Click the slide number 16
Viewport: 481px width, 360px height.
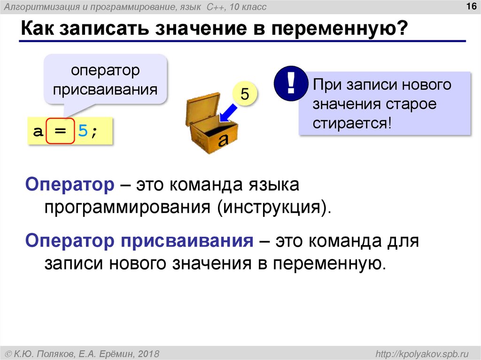pos(470,6)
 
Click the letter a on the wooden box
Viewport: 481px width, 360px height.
pos(223,139)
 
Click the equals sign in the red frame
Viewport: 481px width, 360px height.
pos(60,130)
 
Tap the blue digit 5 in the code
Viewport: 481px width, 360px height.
pos(83,130)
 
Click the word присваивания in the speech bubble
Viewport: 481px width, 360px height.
pos(105,89)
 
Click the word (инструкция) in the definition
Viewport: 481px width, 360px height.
pos(271,207)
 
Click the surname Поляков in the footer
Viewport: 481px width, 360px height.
pos(56,353)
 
